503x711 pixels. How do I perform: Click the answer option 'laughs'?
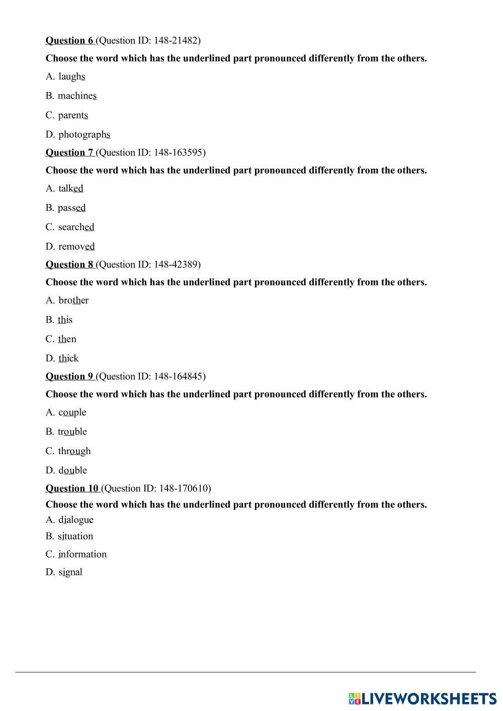[x=71, y=76]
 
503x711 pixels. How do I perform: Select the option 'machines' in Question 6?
[x=77, y=95]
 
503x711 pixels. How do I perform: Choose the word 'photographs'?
[x=84, y=135]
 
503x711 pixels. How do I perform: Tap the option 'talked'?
[x=70, y=188]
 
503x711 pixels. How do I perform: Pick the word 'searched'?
[x=76, y=227]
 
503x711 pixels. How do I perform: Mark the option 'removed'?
[x=76, y=247]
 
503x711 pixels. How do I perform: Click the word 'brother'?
[x=73, y=300]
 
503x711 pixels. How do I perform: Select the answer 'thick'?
[x=68, y=358]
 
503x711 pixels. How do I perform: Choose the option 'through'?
[x=74, y=451]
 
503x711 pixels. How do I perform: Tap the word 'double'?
[x=72, y=470]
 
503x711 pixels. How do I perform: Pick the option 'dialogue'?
[x=75, y=520]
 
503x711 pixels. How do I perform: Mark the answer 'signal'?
[x=70, y=572]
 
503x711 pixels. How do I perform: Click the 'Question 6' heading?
[x=69, y=41]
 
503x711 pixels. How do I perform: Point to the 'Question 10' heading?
[x=72, y=488]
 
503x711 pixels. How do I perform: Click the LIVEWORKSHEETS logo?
[x=422, y=698]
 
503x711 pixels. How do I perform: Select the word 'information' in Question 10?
[x=82, y=554]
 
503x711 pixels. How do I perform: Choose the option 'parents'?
[x=73, y=115]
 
